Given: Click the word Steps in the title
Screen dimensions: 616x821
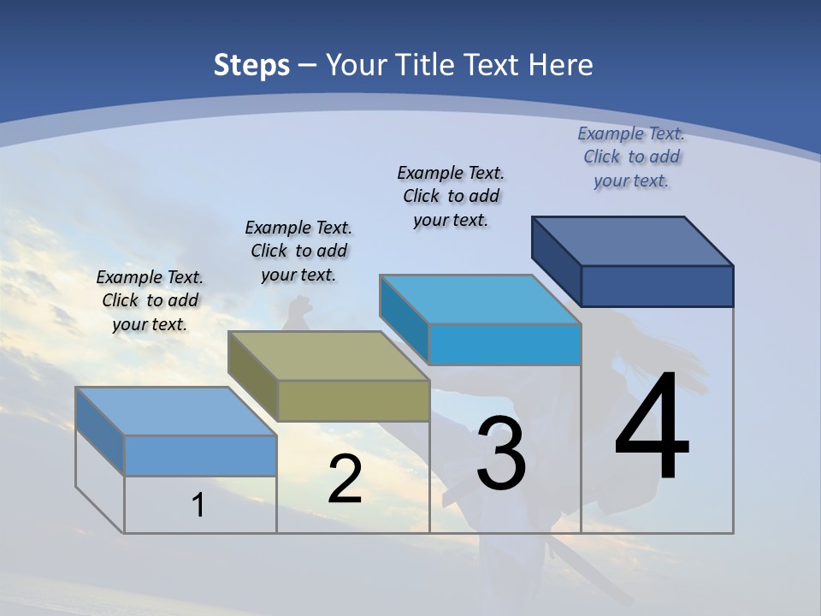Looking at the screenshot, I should pyautogui.click(x=251, y=65).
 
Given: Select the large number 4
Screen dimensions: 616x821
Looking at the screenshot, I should pyautogui.click(x=652, y=428).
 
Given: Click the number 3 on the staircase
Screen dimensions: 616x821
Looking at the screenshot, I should pyautogui.click(x=500, y=453).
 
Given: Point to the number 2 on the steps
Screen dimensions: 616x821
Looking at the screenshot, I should pyautogui.click(x=345, y=479).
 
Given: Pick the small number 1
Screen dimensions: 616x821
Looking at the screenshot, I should pyautogui.click(x=198, y=505).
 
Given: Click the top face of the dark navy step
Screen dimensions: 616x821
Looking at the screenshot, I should pyautogui.click(x=633, y=241).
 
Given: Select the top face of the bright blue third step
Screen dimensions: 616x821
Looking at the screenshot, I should pyautogui.click(x=481, y=299).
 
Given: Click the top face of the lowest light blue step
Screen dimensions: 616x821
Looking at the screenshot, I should pyautogui.click(x=176, y=412).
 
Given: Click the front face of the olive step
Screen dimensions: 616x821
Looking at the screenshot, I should pyautogui.click(x=353, y=400).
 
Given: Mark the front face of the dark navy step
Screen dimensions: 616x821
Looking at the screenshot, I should pyautogui.click(x=657, y=286).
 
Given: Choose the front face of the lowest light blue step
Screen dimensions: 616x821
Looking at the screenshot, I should pyautogui.click(x=200, y=455).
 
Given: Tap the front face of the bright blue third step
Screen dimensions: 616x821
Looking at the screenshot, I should pyautogui.click(x=505, y=344).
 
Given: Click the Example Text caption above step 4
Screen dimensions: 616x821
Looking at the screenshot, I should pyautogui.click(x=631, y=157).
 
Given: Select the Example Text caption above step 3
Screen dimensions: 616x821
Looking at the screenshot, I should pyautogui.click(x=451, y=196).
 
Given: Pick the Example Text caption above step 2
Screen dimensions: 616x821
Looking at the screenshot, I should pyautogui.click(x=298, y=251).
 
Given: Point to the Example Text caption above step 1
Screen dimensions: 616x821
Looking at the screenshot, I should pyautogui.click(x=150, y=300).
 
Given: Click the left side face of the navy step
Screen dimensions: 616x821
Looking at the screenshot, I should pyautogui.click(x=556, y=260).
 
